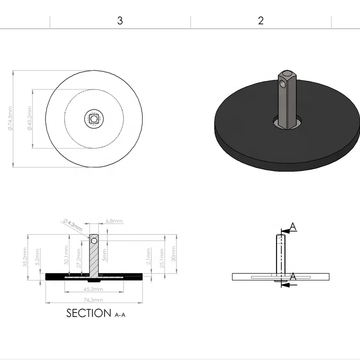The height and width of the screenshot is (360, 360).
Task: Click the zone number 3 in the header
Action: point(120,21)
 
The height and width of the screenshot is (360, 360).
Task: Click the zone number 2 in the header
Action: point(260,21)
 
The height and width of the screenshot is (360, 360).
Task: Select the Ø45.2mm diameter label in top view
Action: point(29,119)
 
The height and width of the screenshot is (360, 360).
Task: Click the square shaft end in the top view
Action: point(93,119)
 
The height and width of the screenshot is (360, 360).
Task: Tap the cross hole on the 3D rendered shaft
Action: point(284,85)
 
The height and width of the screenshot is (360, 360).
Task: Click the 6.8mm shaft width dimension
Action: point(114,220)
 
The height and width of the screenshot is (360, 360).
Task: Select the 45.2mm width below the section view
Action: point(93,289)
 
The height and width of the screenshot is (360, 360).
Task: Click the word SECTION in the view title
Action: point(88,313)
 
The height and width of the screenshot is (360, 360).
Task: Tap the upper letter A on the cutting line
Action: point(293,227)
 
